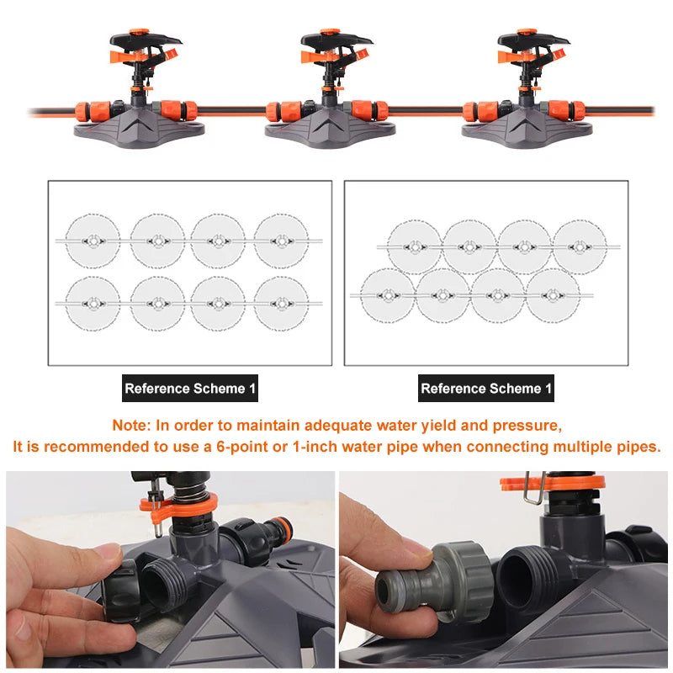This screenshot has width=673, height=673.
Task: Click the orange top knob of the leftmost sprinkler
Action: click(140, 32)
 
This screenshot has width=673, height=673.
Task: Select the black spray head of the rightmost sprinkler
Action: click(533, 40)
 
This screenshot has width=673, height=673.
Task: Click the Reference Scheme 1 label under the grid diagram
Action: click(190, 389)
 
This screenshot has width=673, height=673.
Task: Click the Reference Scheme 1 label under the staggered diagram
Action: click(486, 389)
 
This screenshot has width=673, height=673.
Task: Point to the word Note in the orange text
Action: click(131, 426)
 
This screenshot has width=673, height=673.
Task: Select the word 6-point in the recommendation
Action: click(242, 447)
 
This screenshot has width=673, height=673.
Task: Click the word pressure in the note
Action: click(527, 426)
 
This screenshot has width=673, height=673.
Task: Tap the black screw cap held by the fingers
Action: click(121, 591)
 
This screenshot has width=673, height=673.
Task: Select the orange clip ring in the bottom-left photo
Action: click(178, 506)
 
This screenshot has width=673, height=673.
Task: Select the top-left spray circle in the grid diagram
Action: click(93, 241)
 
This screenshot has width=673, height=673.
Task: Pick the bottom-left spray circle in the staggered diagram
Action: click(388, 295)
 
